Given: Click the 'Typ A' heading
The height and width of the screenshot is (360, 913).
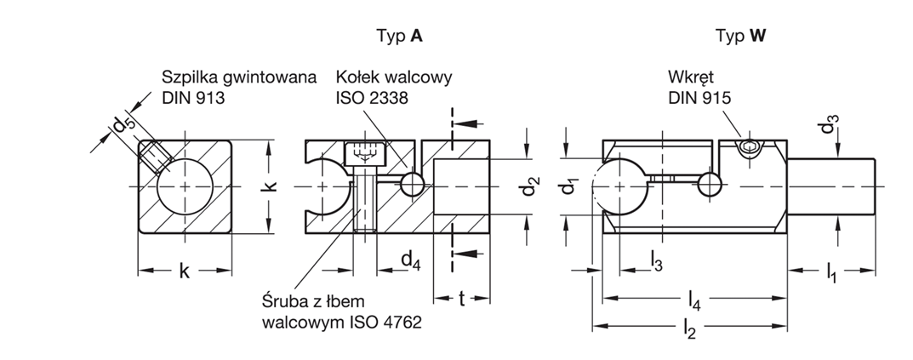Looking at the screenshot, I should pyautogui.click(x=399, y=36).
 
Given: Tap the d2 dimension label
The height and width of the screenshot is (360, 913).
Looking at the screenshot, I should pyautogui.click(x=529, y=186).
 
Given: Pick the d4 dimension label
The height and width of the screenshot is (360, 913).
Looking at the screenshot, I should pyautogui.click(x=410, y=260).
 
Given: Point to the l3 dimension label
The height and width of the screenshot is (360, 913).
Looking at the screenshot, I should pyautogui.click(x=656, y=260).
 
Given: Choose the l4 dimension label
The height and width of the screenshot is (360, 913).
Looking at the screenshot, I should pyautogui.click(x=695, y=300).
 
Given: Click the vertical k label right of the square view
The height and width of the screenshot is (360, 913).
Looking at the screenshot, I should pyautogui.click(x=271, y=186).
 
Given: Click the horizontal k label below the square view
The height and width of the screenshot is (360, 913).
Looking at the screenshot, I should pyautogui.click(x=185, y=272).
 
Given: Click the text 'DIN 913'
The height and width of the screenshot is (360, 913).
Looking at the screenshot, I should pyautogui.click(x=193, y=97).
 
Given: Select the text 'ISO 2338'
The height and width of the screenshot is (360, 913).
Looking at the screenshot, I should pyautogui.click(x=372, y=97).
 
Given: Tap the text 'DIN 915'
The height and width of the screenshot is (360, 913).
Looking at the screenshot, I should pyautogui.click(x=699, y=97).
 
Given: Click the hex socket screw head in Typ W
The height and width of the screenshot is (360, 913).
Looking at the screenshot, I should pyautogui.click(x=749, y=149).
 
